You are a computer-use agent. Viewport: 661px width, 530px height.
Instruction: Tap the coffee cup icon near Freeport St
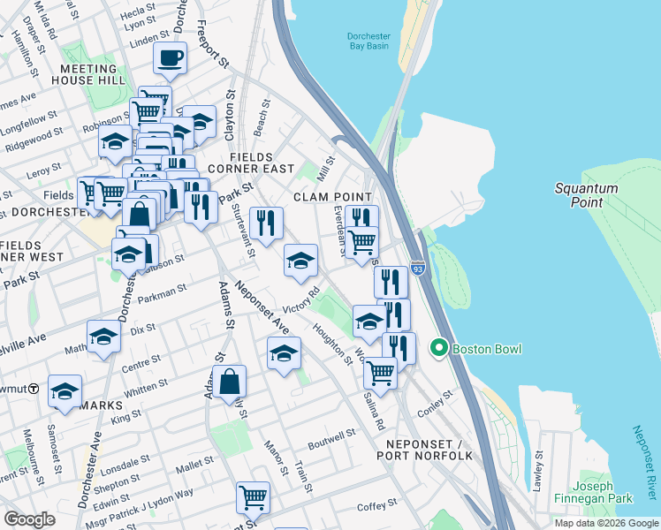pos(171,58)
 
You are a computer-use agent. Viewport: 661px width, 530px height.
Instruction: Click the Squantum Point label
pos(580,195)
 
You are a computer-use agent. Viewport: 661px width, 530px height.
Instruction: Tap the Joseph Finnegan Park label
pos(603,493)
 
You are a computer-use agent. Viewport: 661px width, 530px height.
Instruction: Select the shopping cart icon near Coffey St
pos(253,498)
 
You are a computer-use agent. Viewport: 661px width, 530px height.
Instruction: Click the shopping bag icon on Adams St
pos(229,382)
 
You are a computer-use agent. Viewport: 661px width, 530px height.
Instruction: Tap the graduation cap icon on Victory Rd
pos(301,260)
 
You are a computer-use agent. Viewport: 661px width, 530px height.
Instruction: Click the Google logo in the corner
pos(30,519)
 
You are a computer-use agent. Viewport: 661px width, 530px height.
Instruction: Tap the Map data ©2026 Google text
pos(606,523)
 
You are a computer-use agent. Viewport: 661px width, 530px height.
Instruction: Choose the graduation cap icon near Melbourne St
pos(65,391)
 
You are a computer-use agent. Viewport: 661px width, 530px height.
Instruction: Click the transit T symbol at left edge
pos(33,388)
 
